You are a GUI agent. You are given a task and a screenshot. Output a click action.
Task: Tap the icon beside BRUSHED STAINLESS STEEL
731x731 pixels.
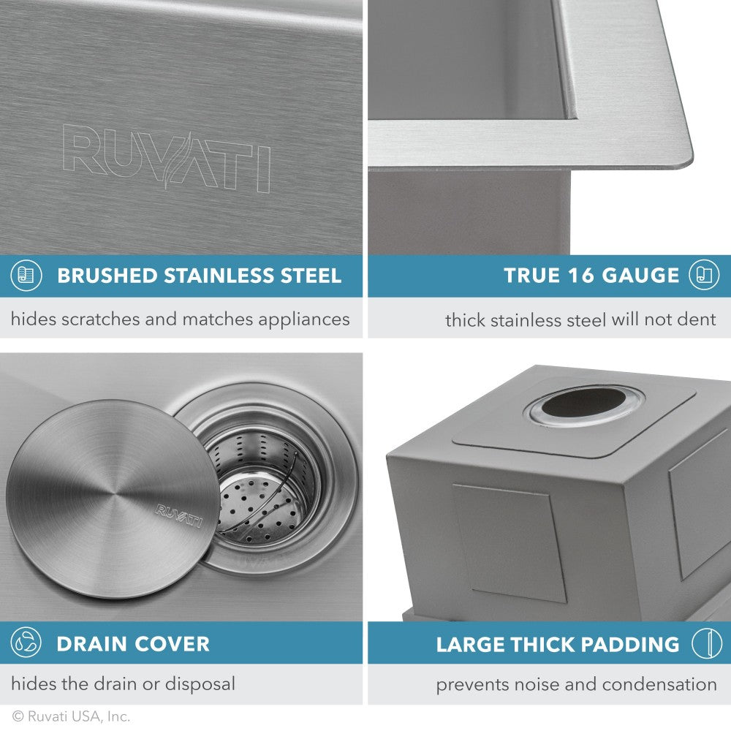pos(26,276)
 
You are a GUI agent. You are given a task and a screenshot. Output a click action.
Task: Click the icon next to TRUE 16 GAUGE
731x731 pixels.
pos(704,276)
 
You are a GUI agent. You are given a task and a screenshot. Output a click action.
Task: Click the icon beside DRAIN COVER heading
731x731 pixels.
pos(26,643)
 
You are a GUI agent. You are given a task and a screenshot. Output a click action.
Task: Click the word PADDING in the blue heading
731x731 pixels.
pos(626,644)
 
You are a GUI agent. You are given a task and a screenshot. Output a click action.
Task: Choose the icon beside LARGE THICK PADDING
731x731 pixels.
pos(704,644)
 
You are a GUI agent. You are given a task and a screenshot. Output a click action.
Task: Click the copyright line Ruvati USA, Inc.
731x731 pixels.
pos(71,717)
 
